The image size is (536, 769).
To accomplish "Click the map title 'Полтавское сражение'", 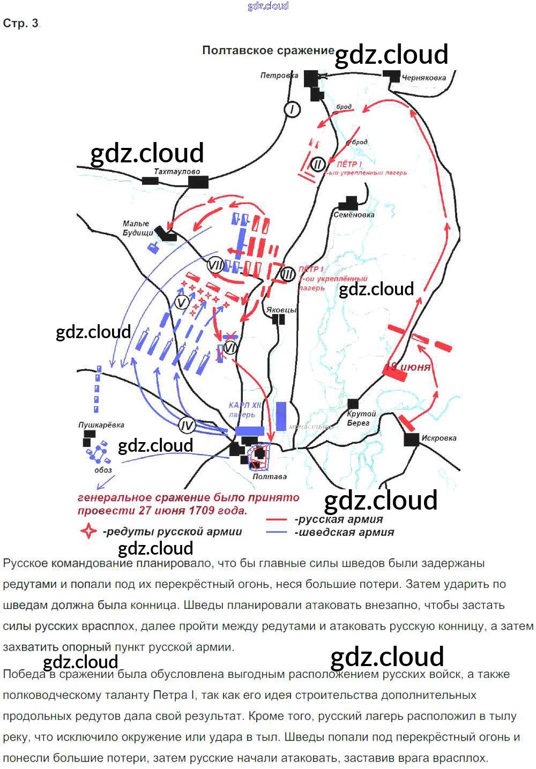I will tap(268, 50).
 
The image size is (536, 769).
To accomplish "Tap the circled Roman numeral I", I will tap(292, 110).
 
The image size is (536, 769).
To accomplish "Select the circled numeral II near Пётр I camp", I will tap(317, 165).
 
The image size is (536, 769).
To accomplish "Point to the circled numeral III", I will tap(288, 275).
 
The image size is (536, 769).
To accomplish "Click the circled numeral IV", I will tap(187, 426).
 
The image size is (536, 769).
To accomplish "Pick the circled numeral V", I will tap(182, 303).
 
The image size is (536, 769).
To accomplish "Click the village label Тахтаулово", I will tap(176, 171).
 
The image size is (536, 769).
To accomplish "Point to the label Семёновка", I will tap(354, 215).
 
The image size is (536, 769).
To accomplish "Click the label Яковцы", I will tap(281, 310).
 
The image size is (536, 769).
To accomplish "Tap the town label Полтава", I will tap(270, 476).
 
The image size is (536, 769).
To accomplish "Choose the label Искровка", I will tap(439, 438).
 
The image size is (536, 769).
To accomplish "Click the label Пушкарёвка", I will tap(101, 425).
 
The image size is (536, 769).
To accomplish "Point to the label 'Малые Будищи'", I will tap(137, 228).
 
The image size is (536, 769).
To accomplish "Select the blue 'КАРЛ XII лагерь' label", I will tap(244, 410).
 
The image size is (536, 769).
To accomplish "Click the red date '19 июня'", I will tap(408, 367).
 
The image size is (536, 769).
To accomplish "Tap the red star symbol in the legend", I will tap(88, 532).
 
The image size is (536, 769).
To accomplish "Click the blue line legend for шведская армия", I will tap(277, 532).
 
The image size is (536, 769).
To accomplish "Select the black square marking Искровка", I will tap(411, 439).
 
